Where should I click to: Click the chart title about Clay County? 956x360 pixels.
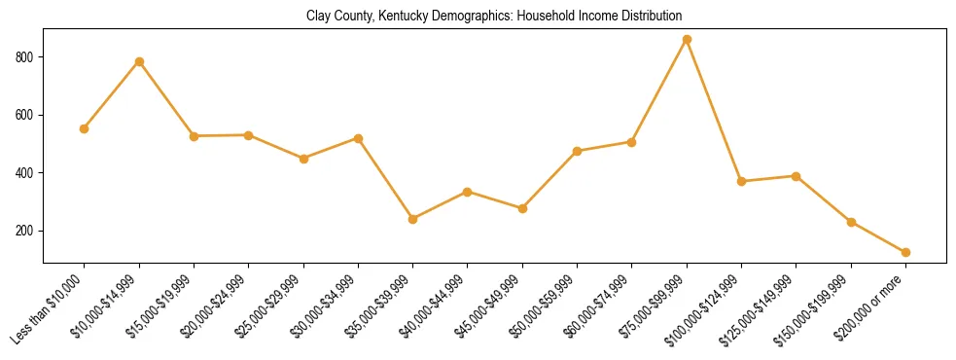tap(494, 17)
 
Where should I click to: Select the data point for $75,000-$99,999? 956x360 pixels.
tap(687, 39)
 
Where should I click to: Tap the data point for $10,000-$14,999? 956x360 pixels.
tap(139, 61)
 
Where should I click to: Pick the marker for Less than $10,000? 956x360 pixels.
tap(85, 128)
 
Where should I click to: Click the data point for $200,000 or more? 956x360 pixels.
tap(905, 252)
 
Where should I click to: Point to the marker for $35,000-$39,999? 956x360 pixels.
tap(413, 219)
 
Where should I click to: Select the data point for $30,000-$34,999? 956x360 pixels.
tap(358, 138)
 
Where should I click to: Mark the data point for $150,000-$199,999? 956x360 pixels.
tap(851, 222)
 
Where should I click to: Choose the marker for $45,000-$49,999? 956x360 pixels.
tap(522, 208)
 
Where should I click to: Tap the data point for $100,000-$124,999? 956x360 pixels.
tap(741, 181)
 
